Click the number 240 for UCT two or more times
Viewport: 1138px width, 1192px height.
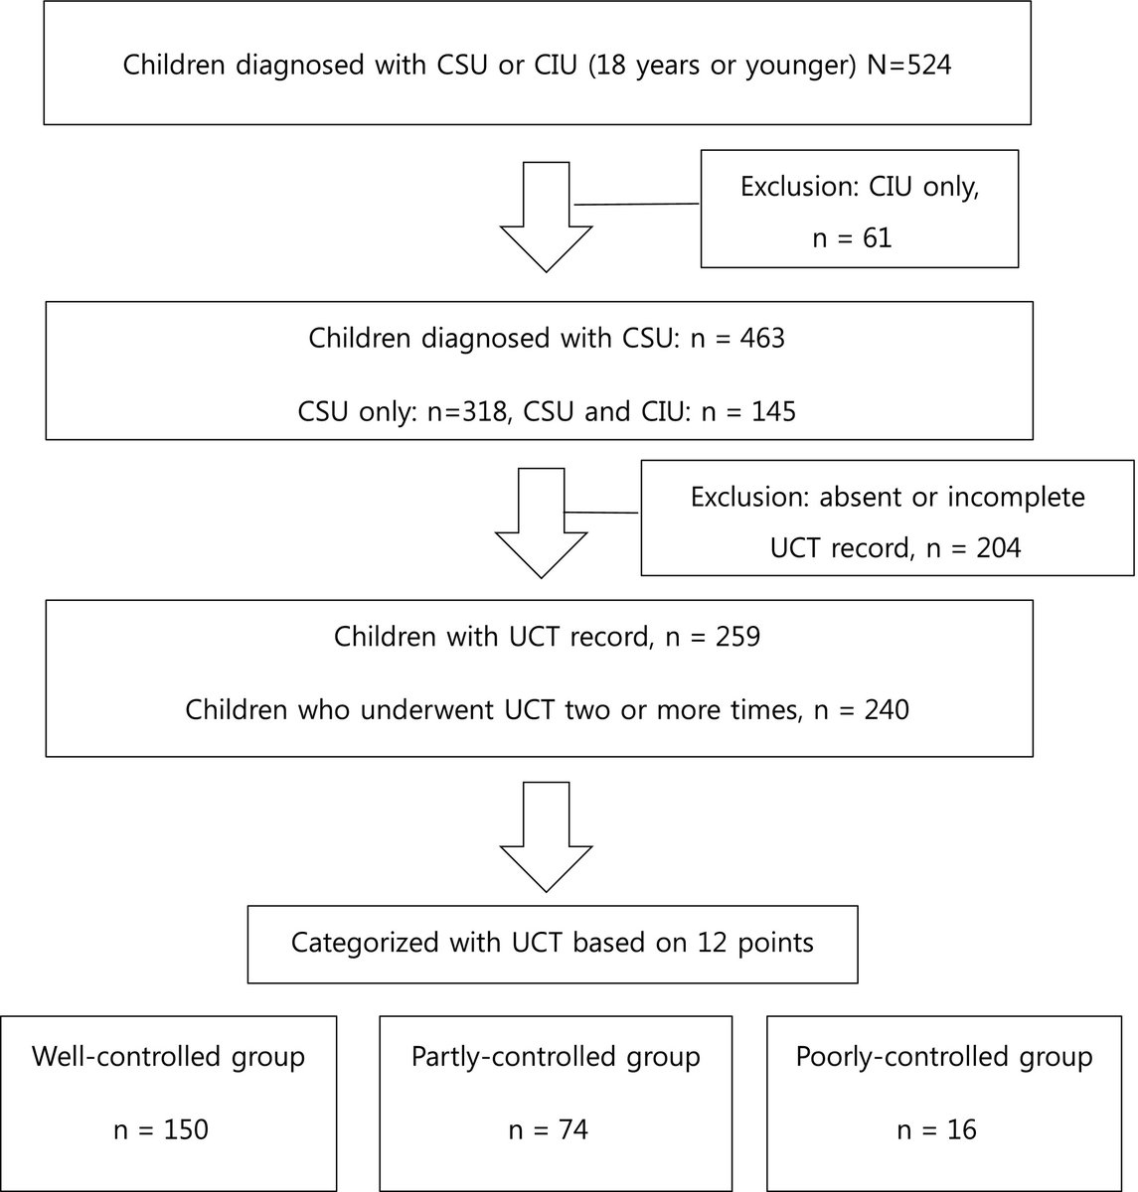[x=884, y=710]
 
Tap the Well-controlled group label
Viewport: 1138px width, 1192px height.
[x=168, y=1056]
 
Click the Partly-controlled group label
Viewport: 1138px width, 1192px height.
[x=556, y=1056]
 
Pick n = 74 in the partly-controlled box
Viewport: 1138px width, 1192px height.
[x=548, y=1129]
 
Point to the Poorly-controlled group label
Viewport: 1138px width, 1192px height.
[x=944, y=1056]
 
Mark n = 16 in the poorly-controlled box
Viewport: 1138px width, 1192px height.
[x=936, y=1129]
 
